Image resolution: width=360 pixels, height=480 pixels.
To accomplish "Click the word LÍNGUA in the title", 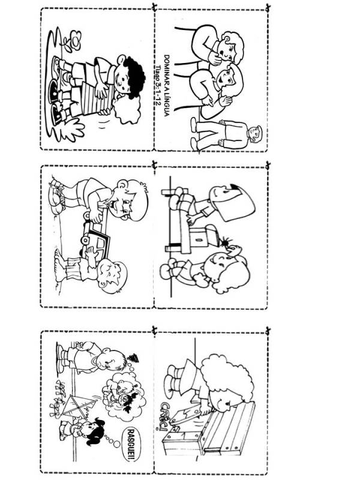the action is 167,103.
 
